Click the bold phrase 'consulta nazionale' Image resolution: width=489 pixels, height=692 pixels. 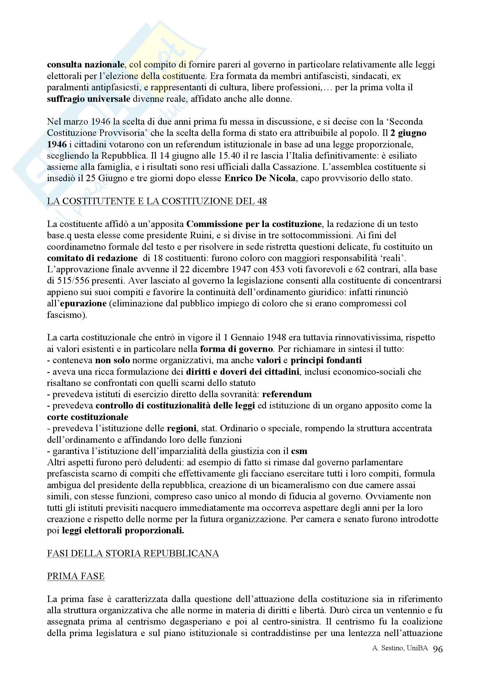tap(85, 65)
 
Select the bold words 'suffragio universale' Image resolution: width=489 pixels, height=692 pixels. tap(88, 99)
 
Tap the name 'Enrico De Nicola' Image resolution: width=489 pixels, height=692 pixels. tap(260, 178)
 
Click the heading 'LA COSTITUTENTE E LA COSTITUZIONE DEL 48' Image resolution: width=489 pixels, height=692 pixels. tap(157, 201)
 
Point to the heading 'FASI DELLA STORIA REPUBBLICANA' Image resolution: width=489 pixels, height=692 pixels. tap(133, 554)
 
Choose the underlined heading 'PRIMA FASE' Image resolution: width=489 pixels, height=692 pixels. tap(76, 577)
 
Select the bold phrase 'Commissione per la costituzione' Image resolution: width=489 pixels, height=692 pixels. tap(254, 224)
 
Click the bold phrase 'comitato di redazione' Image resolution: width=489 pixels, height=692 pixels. tap(92, 258)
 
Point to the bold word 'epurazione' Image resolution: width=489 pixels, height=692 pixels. tap(83, 303)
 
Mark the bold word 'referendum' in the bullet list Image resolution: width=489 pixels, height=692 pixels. tap(287, 394)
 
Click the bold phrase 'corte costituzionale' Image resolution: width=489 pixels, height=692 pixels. tap(87, 417)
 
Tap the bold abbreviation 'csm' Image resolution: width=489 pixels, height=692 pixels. tap(299, 451)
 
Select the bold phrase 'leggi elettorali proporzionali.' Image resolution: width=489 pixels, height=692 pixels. tap(123, 531)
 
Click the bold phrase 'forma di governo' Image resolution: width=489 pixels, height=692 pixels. tap(236, 349)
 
